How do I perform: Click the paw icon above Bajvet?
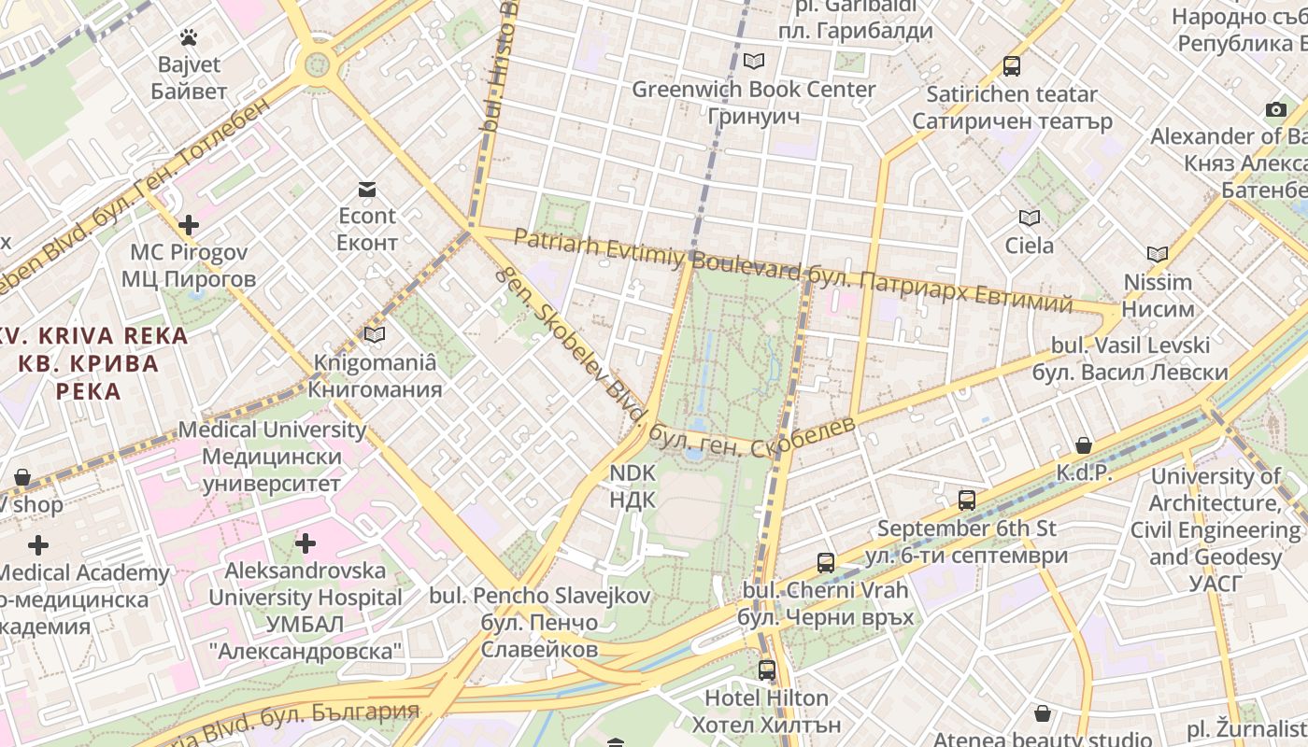click(189, 37)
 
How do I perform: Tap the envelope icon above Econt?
click(367, 190)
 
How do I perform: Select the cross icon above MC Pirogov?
click(189, 225)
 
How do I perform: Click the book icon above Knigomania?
click(375, 334)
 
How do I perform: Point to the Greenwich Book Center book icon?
click(753, 62)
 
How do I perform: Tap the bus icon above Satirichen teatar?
click(1012, 66)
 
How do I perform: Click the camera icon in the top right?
click(1276, 110)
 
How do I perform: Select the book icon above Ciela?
click(1030, 218)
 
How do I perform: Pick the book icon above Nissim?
click(1158, 254)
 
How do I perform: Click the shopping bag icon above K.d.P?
click(1084, 445)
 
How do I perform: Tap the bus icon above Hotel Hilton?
click(767, 669)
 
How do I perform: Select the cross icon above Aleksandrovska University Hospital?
click(305, 543)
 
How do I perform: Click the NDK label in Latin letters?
click(633, 473)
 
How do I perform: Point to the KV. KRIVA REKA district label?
click(93, 336)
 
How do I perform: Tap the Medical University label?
click(272, 430)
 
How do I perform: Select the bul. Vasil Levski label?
click(1130, 345)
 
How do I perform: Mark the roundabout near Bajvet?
click(318, 64)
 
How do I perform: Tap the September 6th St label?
click(966, 529)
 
